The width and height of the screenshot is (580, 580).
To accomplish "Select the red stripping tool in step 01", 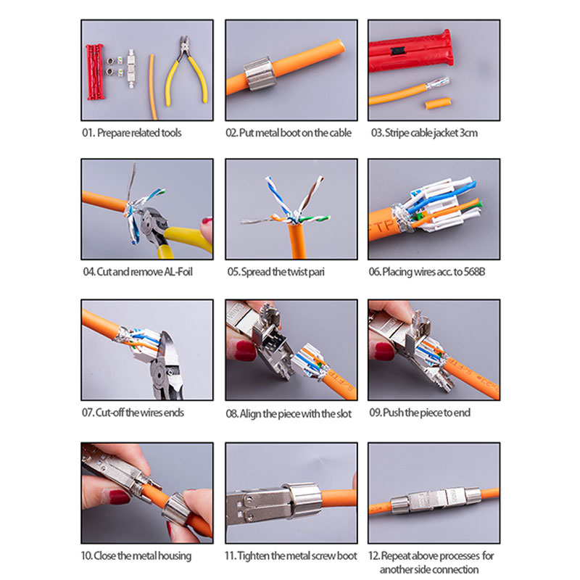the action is (x=95, y=72).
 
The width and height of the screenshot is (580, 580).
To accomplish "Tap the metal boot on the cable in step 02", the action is (x=259, y=74).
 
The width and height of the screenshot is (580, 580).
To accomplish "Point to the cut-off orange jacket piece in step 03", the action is (x=438, y=103).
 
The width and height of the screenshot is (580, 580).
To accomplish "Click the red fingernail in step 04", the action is (x=207, y=222).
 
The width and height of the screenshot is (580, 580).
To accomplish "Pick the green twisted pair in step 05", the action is (x=315, y=219).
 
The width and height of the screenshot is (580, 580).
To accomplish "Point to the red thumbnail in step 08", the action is (x=244, y=351).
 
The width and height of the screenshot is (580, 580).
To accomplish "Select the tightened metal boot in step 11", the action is (x=304, y=500).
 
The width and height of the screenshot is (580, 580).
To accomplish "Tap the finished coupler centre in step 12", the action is (x=436, y=500).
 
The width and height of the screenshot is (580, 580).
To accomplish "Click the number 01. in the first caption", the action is (x=88, y=133).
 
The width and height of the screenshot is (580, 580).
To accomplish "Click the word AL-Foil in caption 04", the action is (x=178, y=272).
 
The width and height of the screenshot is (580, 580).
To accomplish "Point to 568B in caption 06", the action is (x=474, y=272).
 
